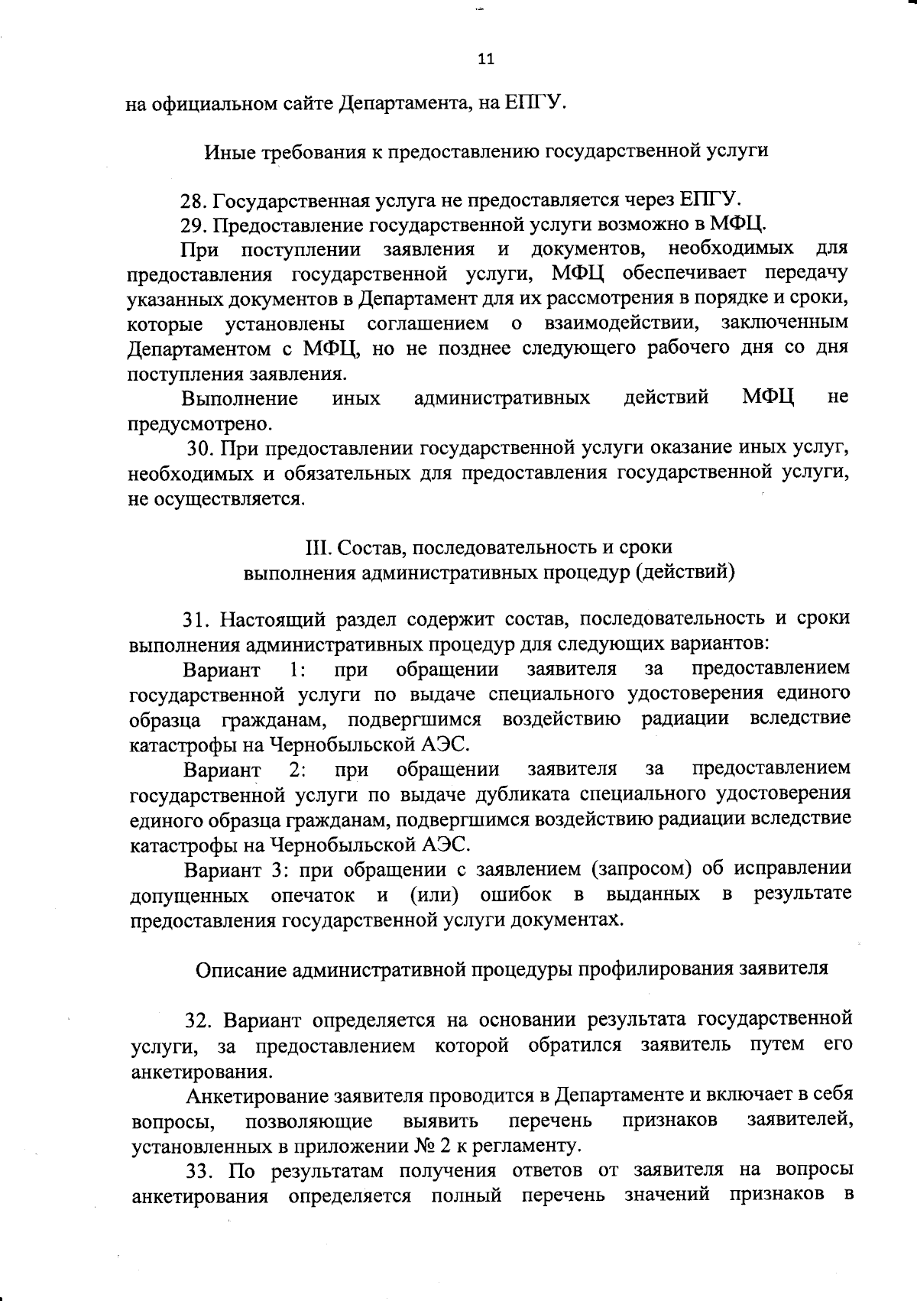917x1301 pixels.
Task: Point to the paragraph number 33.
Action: [202, 1192]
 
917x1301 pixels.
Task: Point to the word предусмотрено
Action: [199, 423]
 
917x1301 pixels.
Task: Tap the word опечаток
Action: [313, 894]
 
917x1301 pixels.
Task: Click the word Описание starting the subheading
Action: [241, 969]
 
